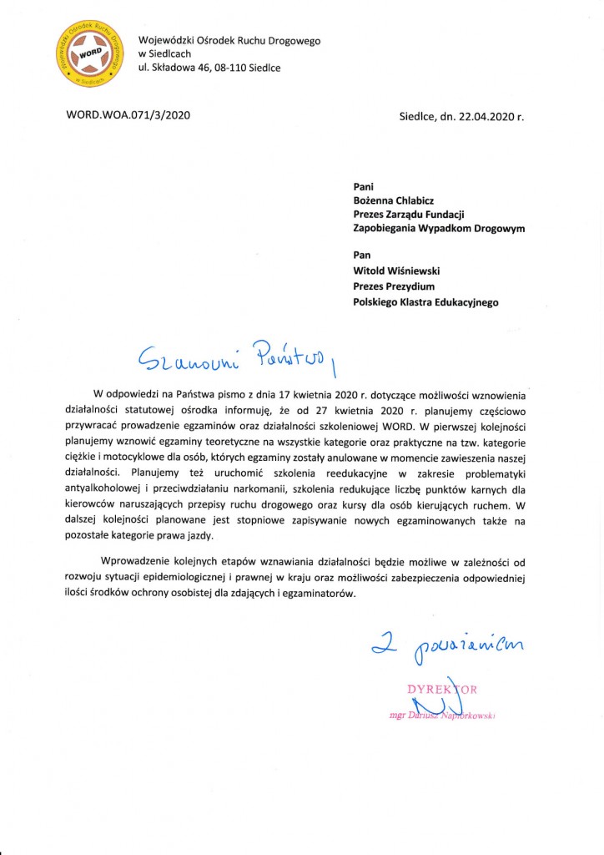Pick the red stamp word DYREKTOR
point(442,689)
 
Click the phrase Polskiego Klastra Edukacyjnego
point(426,302)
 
